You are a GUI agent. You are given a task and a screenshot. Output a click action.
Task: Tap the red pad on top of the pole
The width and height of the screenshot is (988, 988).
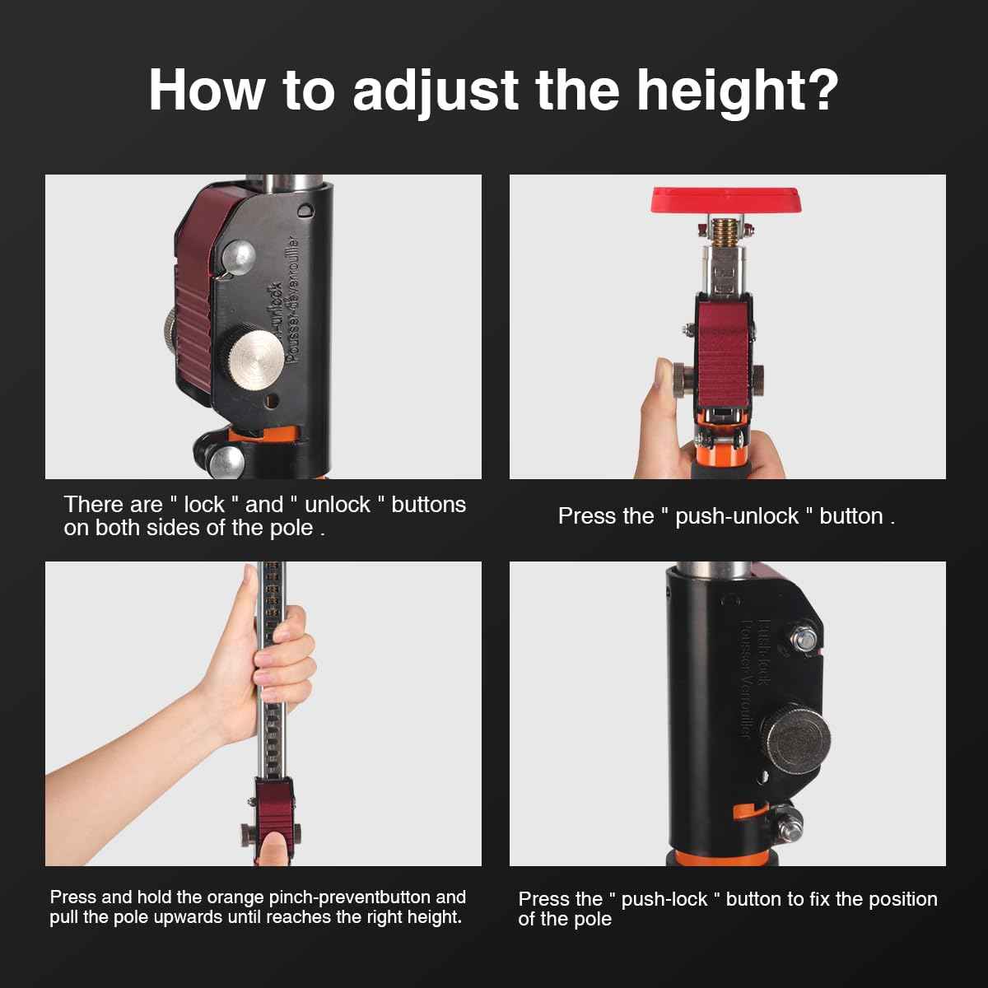(x=726, y=200)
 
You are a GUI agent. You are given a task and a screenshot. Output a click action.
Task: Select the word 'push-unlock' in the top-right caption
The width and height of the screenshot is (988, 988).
(x=737, y=516)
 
